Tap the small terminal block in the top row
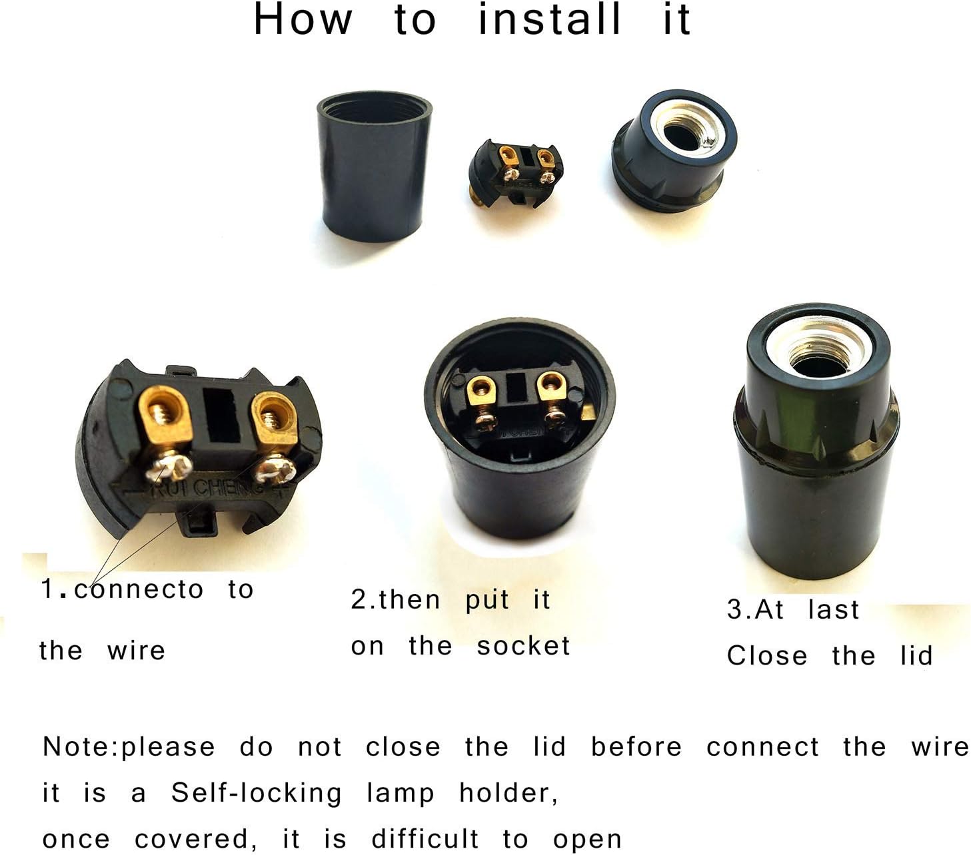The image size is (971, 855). [516, 172]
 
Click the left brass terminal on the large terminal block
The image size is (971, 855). [166, 417]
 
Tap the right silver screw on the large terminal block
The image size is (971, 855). [275, 470]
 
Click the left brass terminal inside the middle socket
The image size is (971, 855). [482, 392]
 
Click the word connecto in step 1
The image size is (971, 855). [139, 589]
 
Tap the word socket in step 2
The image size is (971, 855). [523, 646]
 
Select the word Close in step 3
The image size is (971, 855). [766, 656]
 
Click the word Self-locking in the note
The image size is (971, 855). [256, 793]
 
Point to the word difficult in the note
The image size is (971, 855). [425, 839]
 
